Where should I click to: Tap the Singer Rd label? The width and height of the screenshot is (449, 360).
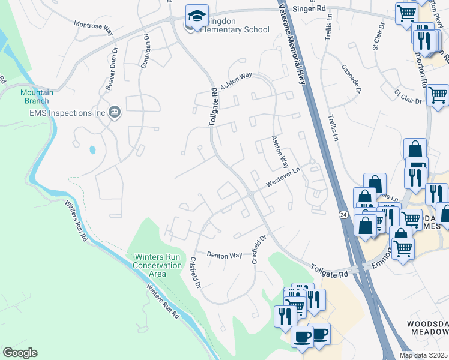coord(309,10)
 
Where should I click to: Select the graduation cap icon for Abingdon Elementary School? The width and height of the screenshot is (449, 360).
coord(196,16)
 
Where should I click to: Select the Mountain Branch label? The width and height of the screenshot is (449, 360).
coord(37,97)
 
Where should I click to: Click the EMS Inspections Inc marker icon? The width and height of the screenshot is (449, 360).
coord(115,112)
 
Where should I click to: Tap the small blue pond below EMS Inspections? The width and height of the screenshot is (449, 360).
coord(91,149)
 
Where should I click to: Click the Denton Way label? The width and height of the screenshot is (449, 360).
coord(224,256)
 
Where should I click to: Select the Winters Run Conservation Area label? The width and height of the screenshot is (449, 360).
coord(157,265)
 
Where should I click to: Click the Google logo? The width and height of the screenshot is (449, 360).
coord(20,353)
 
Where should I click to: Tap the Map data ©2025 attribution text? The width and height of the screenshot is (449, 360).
coord(424,355)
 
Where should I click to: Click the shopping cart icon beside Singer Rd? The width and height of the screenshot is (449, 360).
coord(406,13)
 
